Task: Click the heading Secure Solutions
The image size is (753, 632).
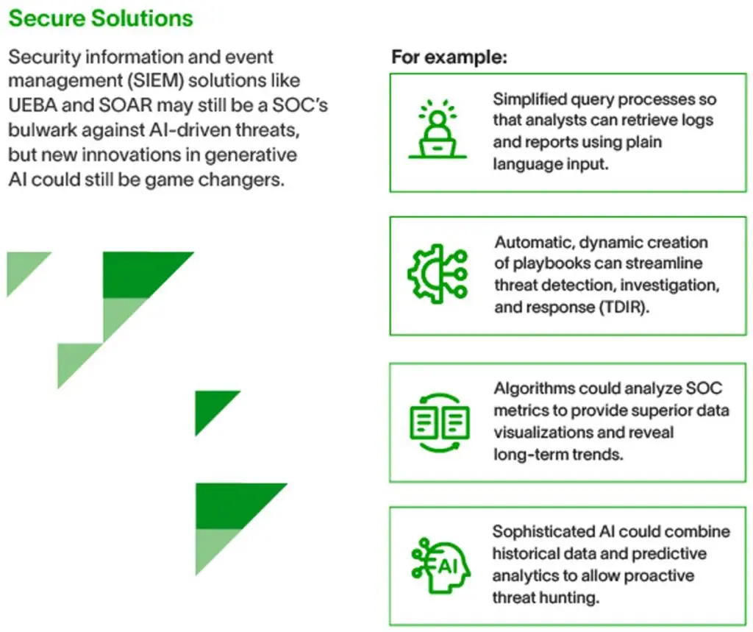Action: tap(101, 18)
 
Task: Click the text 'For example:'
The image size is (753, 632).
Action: tap(449, 57)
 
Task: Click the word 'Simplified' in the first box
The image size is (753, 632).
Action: tap(529, 99)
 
